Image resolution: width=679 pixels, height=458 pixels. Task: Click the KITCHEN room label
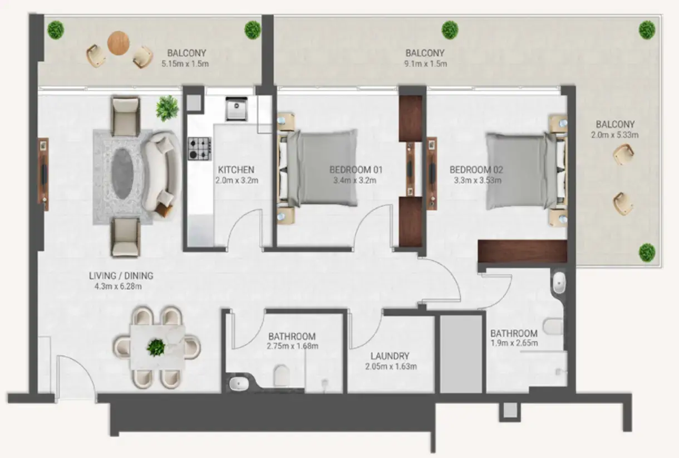[236, 169]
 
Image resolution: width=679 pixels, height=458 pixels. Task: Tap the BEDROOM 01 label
[356, 169]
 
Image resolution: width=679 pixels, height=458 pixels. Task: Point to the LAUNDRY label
[390, 356]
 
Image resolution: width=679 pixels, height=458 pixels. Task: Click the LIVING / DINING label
[121, 275]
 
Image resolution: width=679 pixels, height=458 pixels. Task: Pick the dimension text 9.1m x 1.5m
[425, 64]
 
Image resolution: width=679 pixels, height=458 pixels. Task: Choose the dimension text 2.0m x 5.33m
[615, 135]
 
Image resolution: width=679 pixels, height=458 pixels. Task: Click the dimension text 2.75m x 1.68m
[292, 347]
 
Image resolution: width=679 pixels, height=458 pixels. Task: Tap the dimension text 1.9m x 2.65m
[514, 343]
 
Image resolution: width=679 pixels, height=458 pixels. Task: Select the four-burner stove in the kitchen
[200, 148]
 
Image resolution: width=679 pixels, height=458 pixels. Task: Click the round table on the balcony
[119, 43]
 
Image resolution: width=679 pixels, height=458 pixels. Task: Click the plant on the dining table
[156, 348]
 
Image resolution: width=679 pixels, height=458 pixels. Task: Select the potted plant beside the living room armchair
[168, 108]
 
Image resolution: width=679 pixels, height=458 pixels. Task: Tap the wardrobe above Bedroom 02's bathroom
[522, 251]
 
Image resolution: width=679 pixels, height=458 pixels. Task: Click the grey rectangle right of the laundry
[461, 354]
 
